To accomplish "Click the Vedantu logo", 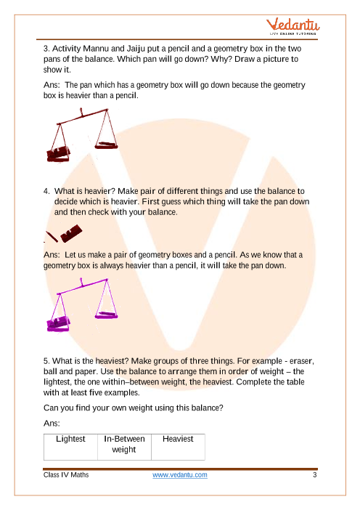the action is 292,27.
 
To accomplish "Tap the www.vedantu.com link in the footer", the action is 180,475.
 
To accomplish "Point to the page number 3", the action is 314,475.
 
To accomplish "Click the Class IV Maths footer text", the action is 66,475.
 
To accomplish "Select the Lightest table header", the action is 70,439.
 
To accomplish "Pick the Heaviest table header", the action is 178,439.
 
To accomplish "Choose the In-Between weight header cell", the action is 124,444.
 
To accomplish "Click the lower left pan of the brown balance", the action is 58,155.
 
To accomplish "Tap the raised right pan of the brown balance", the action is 106,145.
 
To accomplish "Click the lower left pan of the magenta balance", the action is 58,324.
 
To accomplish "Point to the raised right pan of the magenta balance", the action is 106,315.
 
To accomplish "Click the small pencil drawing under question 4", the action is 52,237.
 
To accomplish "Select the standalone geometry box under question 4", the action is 71,233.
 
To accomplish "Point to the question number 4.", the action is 46,191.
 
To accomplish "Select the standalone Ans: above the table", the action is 52,423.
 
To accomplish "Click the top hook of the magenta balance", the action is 81,283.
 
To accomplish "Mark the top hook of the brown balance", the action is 81,113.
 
